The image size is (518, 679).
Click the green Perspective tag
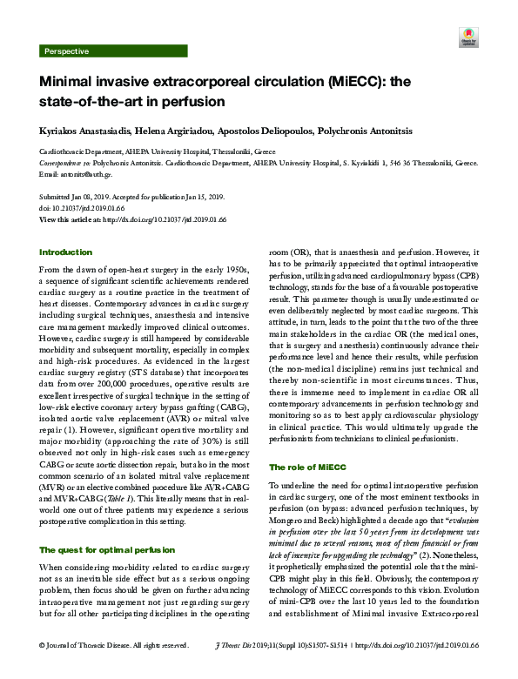click(x=66, y=51)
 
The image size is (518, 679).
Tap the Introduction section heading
click(x=65, y=252)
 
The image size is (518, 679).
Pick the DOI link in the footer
click(x=422, y=669)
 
